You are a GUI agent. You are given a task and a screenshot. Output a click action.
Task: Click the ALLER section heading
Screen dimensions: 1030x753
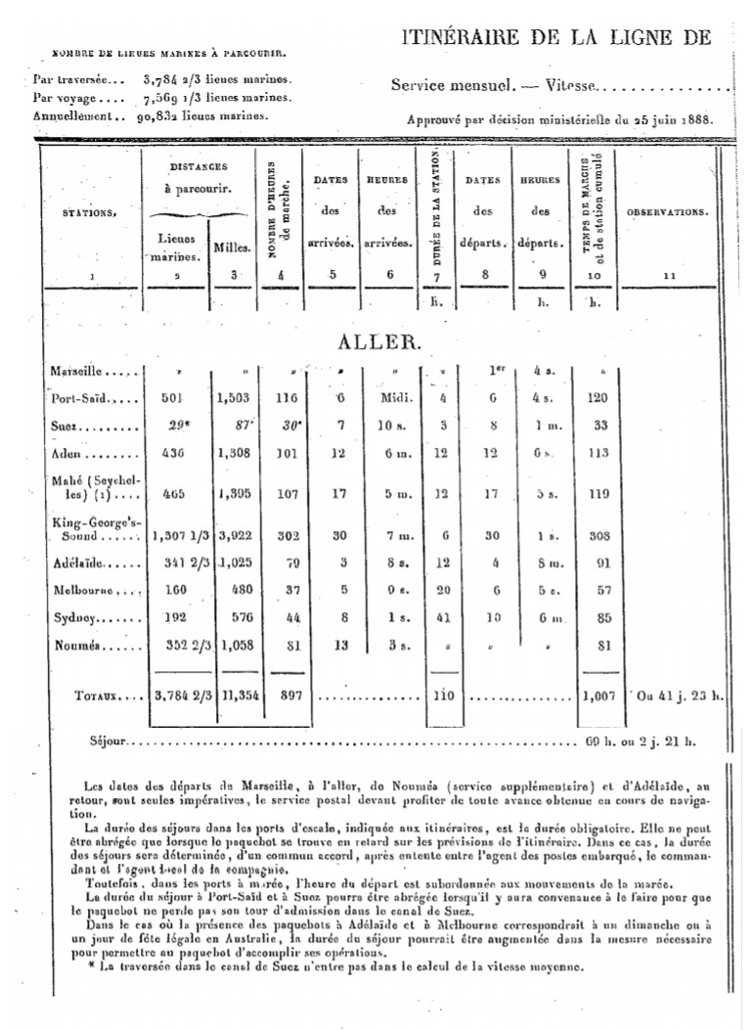pos(378,343)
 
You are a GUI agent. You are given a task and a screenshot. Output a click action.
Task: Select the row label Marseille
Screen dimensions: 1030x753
pos(83,372)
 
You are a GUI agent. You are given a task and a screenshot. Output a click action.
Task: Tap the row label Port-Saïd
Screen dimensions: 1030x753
pos(83,398)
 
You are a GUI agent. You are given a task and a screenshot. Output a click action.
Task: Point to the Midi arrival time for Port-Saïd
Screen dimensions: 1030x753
pos(390,398)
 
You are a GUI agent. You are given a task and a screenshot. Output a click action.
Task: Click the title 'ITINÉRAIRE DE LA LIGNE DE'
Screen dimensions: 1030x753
pos(555,37)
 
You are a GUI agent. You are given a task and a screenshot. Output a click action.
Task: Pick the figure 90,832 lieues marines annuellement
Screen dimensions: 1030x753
pos(163,114)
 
